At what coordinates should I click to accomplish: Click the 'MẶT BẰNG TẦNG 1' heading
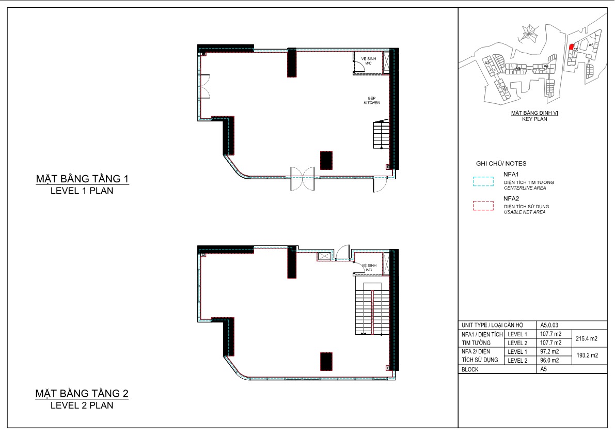pyautogui.click(x=82, y=179)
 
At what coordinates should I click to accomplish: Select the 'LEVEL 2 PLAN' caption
pyautogui.click(x=82, y=406)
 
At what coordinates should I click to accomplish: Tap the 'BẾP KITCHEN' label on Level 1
pyautogui.click(x=371, y=100)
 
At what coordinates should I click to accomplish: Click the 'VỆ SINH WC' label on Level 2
pyautogui.click(x=369, y=268)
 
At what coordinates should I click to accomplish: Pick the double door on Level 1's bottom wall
pyautogui.click(x=302, y=178)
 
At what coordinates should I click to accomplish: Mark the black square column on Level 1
pyautogui.click(x=326, y=160)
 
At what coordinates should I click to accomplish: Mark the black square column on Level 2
pyautogui.click(x=326, y=362)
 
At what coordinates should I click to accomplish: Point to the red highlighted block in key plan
pyautogui.click(x=571, y=47)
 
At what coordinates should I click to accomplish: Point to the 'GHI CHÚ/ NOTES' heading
pyautogui.click(x=501, y=163)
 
